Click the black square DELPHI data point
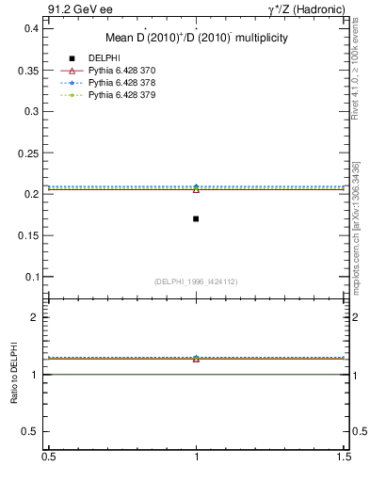196,218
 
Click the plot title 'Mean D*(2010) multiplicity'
196,39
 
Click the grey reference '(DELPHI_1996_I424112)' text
196,281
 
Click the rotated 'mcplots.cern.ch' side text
356,254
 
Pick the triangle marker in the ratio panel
196,359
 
